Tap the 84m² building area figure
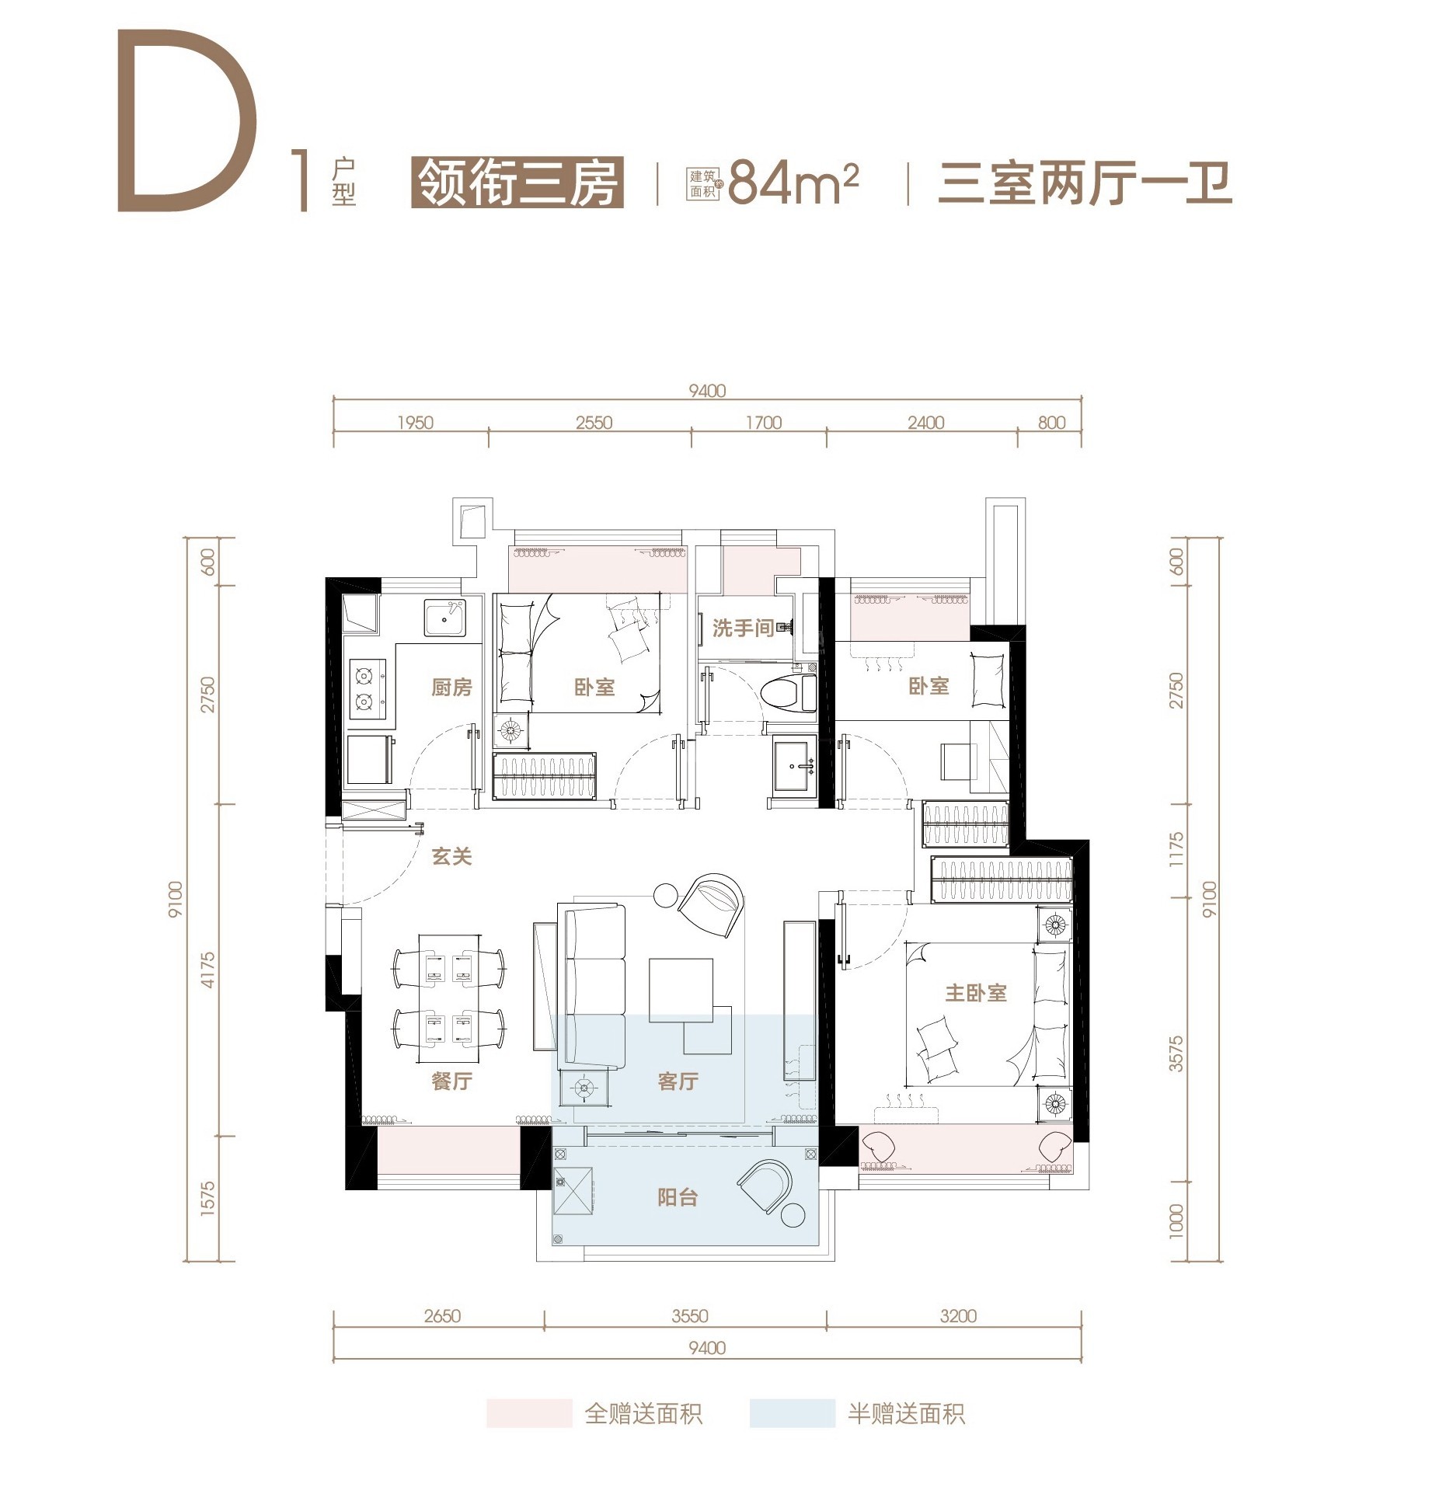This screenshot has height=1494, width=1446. (x=793, y=183)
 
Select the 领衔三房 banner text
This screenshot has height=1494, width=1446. (x=517, y=183)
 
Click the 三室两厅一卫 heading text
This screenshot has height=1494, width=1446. (x=1085, y=183)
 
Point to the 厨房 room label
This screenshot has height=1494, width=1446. (x=451, y=687)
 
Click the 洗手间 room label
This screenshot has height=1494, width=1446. (x=743, y=628)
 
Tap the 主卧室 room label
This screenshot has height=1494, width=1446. (x=975, y=992)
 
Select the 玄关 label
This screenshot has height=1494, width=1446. (x=451, y=856)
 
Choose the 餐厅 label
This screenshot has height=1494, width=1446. (x=451, y=1080)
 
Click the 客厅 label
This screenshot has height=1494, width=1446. (x=678, y=1080)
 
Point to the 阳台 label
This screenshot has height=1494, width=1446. (x=678, y=1197)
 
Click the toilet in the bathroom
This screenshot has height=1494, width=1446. (x=788, y=693)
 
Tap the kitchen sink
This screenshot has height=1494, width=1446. (x=444, y=618)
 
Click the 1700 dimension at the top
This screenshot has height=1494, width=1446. (x=763, y=423)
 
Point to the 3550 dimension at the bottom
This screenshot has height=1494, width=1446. (x=690, y=1315)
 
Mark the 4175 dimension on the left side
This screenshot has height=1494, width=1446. (x=207, y=970)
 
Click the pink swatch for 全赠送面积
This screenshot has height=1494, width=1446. (x=529, y=1413)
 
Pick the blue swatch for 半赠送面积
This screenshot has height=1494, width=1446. (x=792, y=1413)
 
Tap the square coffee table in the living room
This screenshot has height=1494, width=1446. (x=681, y=989)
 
